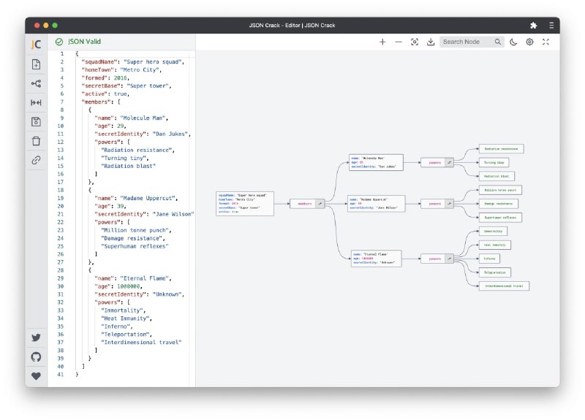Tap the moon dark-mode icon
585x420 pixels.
514,42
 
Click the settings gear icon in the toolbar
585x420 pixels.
530,42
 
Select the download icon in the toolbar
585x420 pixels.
431,42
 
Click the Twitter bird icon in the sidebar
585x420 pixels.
36,337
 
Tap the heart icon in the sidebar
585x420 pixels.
36,376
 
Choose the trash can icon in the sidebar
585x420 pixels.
36,140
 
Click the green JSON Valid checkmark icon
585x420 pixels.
58,42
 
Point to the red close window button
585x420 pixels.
34,25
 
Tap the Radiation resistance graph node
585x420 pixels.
501,149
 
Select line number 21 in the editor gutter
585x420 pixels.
61,214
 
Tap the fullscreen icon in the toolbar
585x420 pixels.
546,42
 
